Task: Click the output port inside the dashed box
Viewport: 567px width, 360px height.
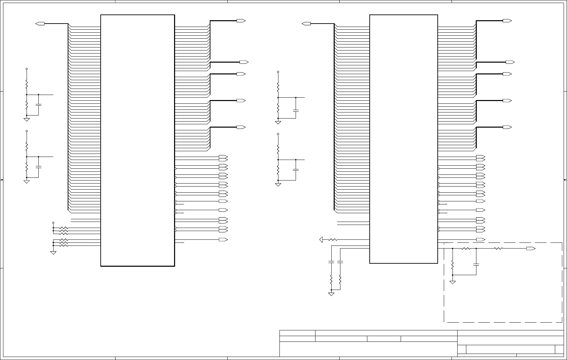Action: click(x=531, y=249)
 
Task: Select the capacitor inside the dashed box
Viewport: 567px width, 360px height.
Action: click(x=476, y=264)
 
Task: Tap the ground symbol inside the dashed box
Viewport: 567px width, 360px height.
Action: click(x=453, y=282)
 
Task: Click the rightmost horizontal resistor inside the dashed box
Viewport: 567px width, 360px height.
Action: click(x=498, y=249)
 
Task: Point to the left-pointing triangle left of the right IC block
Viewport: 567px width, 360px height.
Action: click(x=321, y=240)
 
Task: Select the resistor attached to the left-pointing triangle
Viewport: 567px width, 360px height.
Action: click(x=333, y=240)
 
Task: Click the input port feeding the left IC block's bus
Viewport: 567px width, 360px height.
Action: click(x=40, y=24)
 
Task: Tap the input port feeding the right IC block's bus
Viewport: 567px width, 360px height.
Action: click(x=306, y=24)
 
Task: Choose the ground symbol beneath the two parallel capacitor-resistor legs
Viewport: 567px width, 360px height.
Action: click(x=331, y=294)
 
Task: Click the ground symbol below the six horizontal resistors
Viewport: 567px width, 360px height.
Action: click(x=53, y=252)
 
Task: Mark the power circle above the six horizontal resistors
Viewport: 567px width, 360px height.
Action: click(x=53, y=223)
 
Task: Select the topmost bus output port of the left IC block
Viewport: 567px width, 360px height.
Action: click(x=241, y=21)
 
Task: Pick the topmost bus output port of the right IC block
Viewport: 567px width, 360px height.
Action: click(x=507, y=21)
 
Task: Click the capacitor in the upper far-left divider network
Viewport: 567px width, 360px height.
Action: click(x=38, y=105)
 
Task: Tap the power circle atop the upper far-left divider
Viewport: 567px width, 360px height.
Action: click(x=27, y=69)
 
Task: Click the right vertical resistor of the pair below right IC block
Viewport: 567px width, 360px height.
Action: click(x=340, y=280)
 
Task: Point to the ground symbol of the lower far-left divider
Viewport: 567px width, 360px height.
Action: click(x=27, y=182)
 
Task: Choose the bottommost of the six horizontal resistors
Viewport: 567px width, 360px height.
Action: click(x=64, y=246)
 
